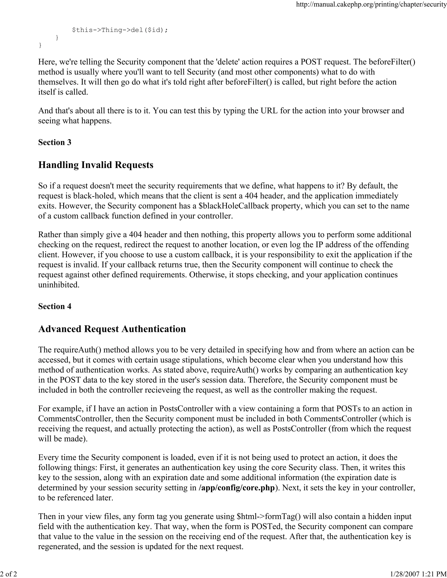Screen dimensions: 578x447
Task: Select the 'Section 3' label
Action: tap(55, 142)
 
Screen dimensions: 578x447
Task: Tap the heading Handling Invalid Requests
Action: tap(96, 165)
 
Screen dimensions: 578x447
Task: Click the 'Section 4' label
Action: tap(55, 306)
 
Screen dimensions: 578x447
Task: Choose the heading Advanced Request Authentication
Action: tap(112, 329)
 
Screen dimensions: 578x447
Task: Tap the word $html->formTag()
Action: tap(269, 516)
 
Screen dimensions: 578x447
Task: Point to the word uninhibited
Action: tap(59, 285)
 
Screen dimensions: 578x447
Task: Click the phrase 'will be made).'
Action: tap(63, 439)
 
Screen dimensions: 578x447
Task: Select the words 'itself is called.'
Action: tap(63, 92)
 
